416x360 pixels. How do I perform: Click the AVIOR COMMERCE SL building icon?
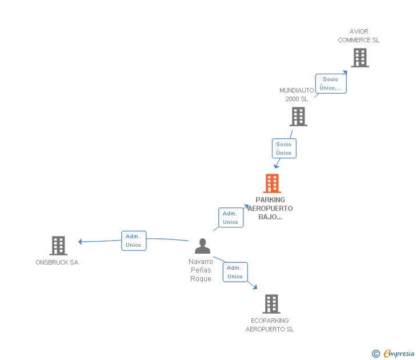[360, 58]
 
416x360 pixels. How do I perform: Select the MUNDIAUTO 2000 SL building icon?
[298, 117]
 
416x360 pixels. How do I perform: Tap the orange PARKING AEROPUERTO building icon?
[272, 183]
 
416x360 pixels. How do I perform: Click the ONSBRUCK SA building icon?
[58, 246]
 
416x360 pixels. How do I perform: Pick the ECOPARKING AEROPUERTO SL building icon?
[271, 304]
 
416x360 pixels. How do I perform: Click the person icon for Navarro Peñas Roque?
[202, 246]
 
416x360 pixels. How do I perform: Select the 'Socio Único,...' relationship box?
[331, 83]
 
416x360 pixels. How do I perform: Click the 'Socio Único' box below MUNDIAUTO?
[284, 149]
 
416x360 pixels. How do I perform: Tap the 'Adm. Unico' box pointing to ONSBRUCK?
[134, 241]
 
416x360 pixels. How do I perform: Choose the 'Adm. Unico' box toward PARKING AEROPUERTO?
[231, 218]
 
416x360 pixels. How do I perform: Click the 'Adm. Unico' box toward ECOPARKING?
[235, 272]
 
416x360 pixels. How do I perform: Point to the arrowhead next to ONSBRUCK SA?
[80, 241]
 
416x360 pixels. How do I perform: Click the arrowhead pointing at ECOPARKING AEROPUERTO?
[255, 287]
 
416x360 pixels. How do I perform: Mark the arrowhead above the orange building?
[276, 166]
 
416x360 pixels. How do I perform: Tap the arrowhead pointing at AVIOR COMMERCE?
[345, 72]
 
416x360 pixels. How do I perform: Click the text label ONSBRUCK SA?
[57, 262]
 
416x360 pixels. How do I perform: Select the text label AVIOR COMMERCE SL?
[359, 36]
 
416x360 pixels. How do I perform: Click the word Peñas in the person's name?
[201, 270]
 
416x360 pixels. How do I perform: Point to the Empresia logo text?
[399, 353]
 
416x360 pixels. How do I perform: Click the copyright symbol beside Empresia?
[376, 354]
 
